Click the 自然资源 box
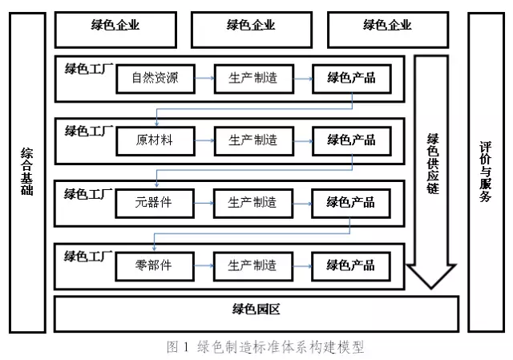(x=156, y=79)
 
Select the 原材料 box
(x=156, y=141)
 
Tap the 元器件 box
(x=155, y=203)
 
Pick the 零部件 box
(x=155, y=265)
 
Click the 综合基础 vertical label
(x=26, y=172)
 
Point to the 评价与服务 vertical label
(x=486, y=172)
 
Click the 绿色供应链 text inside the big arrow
(x=433, y=164)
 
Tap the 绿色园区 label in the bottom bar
(x=256, y=309)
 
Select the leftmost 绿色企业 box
(x=115, y=30)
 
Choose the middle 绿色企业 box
(x=252, y=30)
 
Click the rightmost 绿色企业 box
(x=388, y=30)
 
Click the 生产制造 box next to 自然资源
(x=254, y=79)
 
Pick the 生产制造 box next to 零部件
(x=253, y=265)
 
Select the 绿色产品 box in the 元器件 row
(x=351, y=203)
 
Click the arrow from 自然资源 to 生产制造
(x=205, y=79)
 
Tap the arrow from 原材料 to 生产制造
(x=205, y=141)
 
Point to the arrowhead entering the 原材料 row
(x=157, y=123)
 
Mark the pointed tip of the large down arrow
(x=431, y=289)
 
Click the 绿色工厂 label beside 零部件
(x=88, y=257)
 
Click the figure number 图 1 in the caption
(x=178, y=347)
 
